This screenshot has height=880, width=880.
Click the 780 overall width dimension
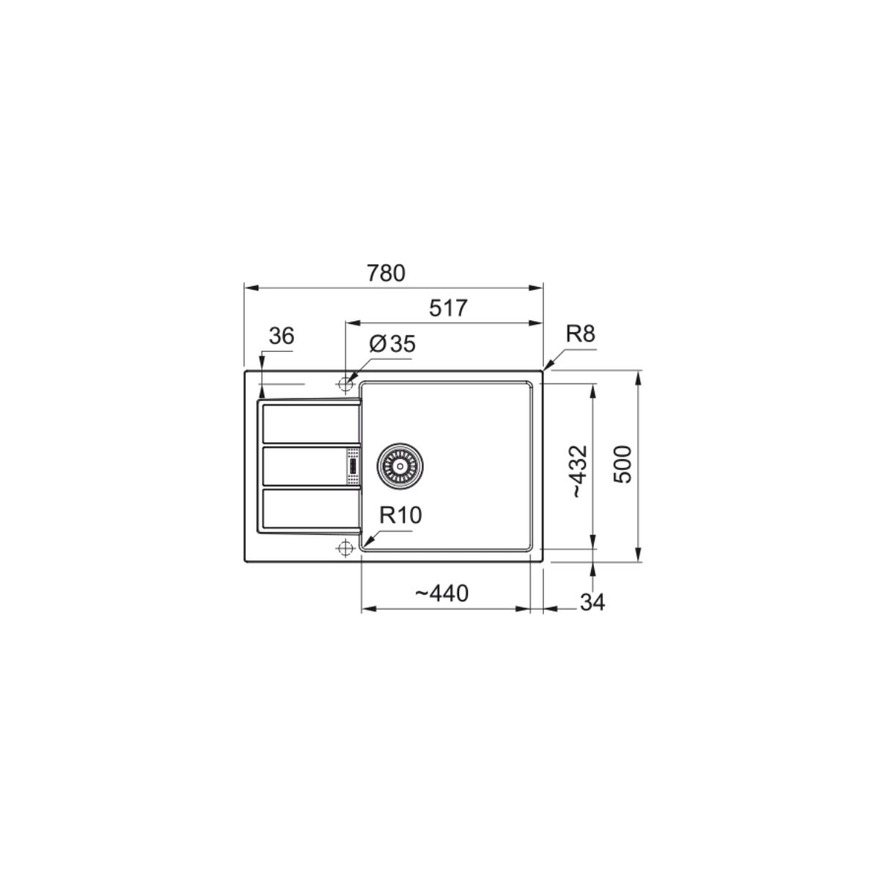tap(386, 274)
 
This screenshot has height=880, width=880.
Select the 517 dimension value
tap(448, 308)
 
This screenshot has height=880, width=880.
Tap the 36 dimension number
tap(282, 337)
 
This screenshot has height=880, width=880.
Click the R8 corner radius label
tap(580, 334)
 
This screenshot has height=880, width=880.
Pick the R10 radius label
tap(401, 516)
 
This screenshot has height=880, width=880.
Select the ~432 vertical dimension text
tap(579, 471)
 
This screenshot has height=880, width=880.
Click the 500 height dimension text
tap(622, 465)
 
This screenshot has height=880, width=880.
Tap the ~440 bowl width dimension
tap(441, 594)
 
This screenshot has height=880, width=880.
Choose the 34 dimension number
tap(593, 602)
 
